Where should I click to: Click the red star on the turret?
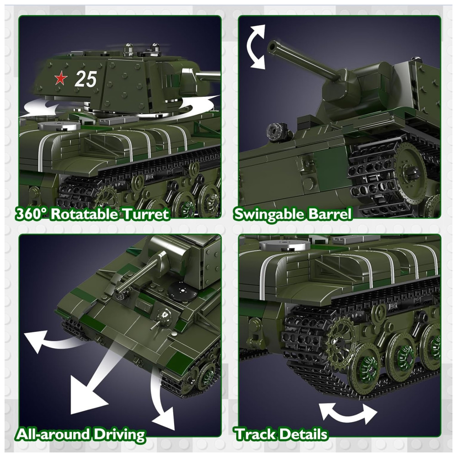click(x=61, y=79)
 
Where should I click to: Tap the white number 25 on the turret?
click(x=85, y=79)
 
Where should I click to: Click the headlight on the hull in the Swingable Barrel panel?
click(x=277, y=132)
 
